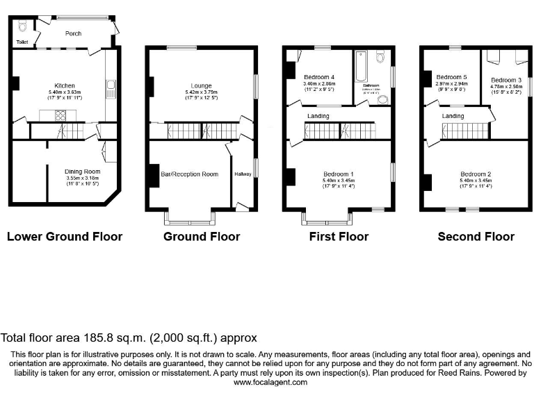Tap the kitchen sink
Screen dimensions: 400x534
tap(110, 89)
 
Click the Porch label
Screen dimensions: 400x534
tap(73, 33)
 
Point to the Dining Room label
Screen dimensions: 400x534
tap(83, 172)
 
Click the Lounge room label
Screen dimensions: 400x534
tap(202, 85)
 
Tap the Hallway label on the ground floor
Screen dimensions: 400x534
tap(243, 174)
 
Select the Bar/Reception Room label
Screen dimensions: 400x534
tap(189, 174)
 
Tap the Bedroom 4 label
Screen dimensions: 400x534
tap(319, 76)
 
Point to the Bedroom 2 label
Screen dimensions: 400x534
tap(476, 174)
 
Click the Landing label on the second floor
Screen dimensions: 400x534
tap(453, 116)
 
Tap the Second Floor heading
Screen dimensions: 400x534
tap(476, 237)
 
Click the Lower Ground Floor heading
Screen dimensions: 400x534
tap(65, 237)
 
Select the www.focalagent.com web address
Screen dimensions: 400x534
tap(266, 382)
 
